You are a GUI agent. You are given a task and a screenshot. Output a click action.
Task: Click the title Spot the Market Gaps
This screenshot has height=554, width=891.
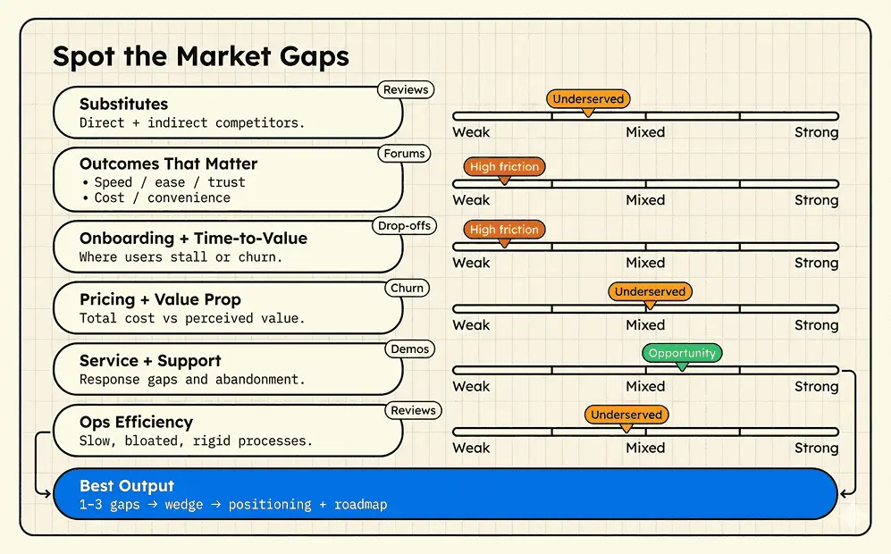click(200, 56)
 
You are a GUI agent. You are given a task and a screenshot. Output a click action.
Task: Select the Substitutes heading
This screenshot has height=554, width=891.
click(123, 105)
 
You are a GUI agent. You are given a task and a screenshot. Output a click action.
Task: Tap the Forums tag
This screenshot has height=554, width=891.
click(404, 154)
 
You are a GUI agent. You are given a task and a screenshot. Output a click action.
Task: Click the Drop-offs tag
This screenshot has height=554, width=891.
click(404, 226)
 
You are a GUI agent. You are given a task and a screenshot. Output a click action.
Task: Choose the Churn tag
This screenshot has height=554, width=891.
click(408, 289)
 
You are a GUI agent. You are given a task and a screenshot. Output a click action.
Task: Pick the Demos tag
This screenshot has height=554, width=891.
click(410, 349)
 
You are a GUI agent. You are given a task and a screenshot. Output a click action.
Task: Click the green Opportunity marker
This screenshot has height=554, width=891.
click(682, 353)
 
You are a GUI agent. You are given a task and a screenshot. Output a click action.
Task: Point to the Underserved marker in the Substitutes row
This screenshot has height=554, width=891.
click(588, 99)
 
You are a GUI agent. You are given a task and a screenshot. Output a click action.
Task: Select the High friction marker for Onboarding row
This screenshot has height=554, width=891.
click(504, 230)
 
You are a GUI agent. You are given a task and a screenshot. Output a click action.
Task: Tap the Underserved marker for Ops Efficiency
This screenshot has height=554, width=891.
click(626, 415)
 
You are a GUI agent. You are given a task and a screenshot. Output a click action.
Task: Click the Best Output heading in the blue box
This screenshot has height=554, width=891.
click(127, 486)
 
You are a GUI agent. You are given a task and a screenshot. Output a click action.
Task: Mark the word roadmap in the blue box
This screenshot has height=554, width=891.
click(360, 505)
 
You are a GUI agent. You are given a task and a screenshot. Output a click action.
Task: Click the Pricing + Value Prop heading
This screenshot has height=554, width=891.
click(160, 299)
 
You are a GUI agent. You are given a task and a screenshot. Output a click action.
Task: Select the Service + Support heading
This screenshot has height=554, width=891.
click(150, 361)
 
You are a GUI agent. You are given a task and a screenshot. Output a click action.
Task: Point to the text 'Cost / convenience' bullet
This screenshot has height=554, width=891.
click(162, 197)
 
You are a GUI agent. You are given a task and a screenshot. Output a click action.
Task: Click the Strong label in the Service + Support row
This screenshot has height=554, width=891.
click(816, 387)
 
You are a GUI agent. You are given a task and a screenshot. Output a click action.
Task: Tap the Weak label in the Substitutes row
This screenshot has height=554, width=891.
click(471, 132)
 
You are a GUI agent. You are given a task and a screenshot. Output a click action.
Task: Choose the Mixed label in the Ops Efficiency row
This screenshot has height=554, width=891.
click(645, 448)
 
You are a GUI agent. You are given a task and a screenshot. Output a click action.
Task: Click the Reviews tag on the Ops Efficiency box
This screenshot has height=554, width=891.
click(413, 411)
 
